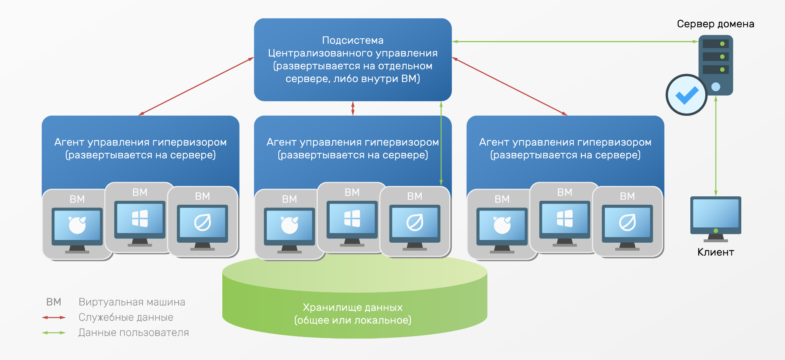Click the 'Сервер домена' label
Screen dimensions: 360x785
(x=715, y=24)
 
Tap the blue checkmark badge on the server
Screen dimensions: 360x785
(x=686, y=95)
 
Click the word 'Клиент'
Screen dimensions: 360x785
(x=716, y=252)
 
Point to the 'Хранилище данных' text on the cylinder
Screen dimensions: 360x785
(x=353, y=307)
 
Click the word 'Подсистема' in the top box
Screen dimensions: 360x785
(x=353, y=40)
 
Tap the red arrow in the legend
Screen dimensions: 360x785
(x=54, y=317)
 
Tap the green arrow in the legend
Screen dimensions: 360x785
(x=54, y=333)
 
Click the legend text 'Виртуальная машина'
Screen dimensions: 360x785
(x=132, y=302)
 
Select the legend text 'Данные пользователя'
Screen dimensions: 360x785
(x=133, y=333)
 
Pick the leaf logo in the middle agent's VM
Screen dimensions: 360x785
(x=415, y=222)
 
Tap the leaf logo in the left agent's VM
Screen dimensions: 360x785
(x=202, y=222)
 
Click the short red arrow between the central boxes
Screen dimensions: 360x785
(x=353, y=108)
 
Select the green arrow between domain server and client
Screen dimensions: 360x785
(x=716, y=146)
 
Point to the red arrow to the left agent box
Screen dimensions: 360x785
(x=195, y=86)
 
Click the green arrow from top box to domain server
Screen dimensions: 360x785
(x=575, y=41)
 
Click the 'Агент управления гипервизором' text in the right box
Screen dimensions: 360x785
(x=565, y=142)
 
